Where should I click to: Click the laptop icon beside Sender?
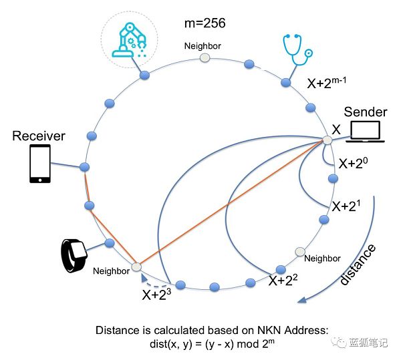tap(365, 132)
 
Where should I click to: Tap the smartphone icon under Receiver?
tap(39, 165)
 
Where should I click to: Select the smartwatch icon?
tap(74, 254)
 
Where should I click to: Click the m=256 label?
tap(205, 23)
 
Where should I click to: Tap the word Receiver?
tap(39, 136)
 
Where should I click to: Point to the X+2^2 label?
tap(283, 281)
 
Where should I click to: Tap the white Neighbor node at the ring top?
tap(205, 59)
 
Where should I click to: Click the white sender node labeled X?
tap(327, 140)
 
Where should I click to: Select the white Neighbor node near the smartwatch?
tap(136, 267)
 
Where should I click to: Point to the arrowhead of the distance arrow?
tap(302, 299)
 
